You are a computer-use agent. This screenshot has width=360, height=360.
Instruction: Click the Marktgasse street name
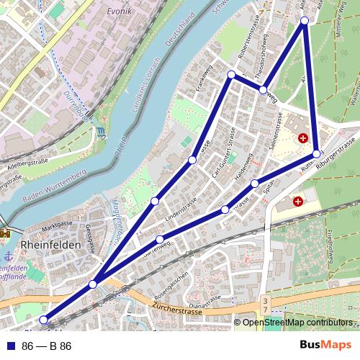pyautogui.click(x=59, y=225)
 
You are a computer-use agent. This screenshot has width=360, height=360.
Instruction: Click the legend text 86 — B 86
pyautogui.click(x=47, y=346)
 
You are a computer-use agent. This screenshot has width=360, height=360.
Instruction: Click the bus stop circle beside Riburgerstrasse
pyautogui.click(x=317, y=154)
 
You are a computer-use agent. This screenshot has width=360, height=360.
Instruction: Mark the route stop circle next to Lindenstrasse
pyautogui.click(x=155, y=201)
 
